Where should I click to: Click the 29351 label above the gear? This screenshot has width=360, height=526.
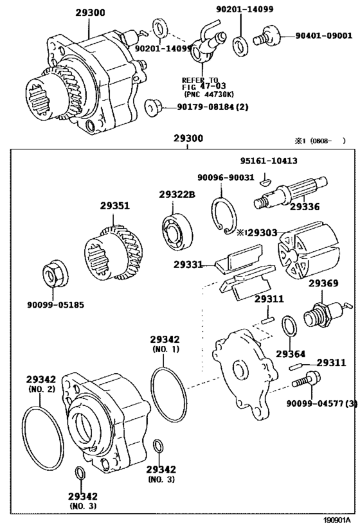pyautogui.click(x=114, y=206)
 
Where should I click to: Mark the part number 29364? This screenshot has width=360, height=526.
pyautogui.click(x=290, y=353)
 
